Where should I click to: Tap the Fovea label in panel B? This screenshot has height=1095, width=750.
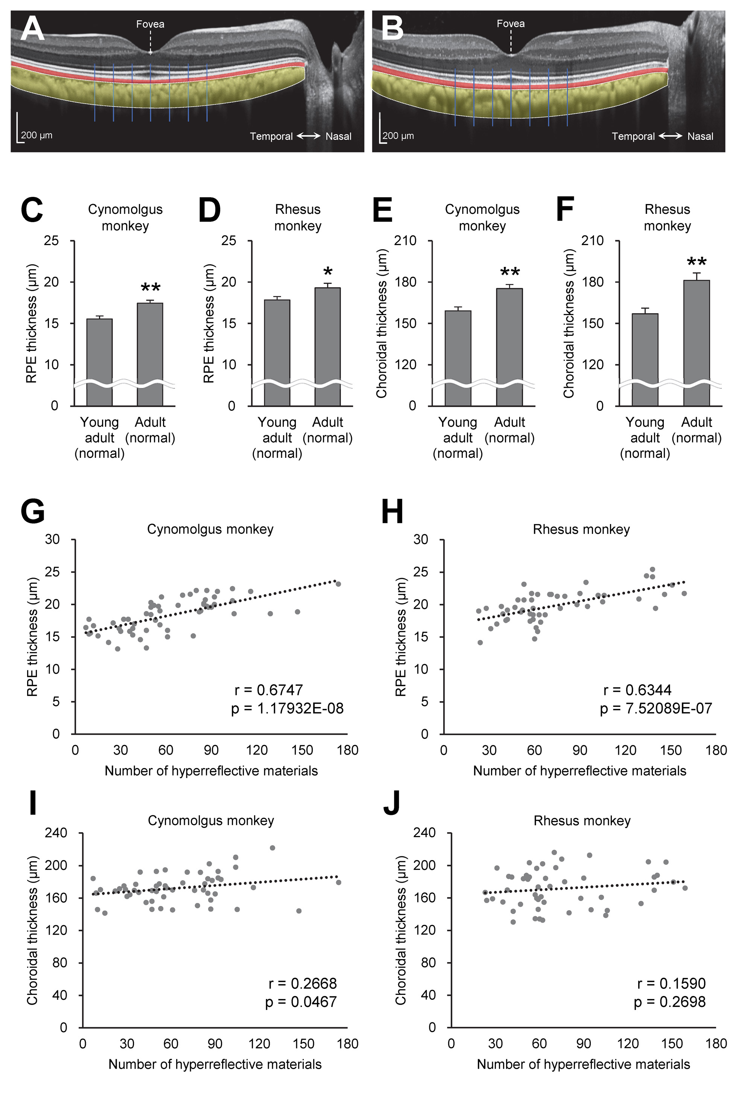point(510,24)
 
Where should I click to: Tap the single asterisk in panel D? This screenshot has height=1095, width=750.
point(328,272)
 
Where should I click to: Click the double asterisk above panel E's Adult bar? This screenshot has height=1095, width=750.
point(510,272)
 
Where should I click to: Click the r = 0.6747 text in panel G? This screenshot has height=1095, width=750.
point(268,690)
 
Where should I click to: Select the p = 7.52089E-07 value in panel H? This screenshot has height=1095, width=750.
point(656,709)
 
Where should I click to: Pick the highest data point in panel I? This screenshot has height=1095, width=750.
point(272,848)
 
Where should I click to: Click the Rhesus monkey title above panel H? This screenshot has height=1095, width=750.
point(581,529)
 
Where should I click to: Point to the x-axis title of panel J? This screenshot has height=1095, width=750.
point(583,1064)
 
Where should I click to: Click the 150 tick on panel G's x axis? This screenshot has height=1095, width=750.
point(302,750)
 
